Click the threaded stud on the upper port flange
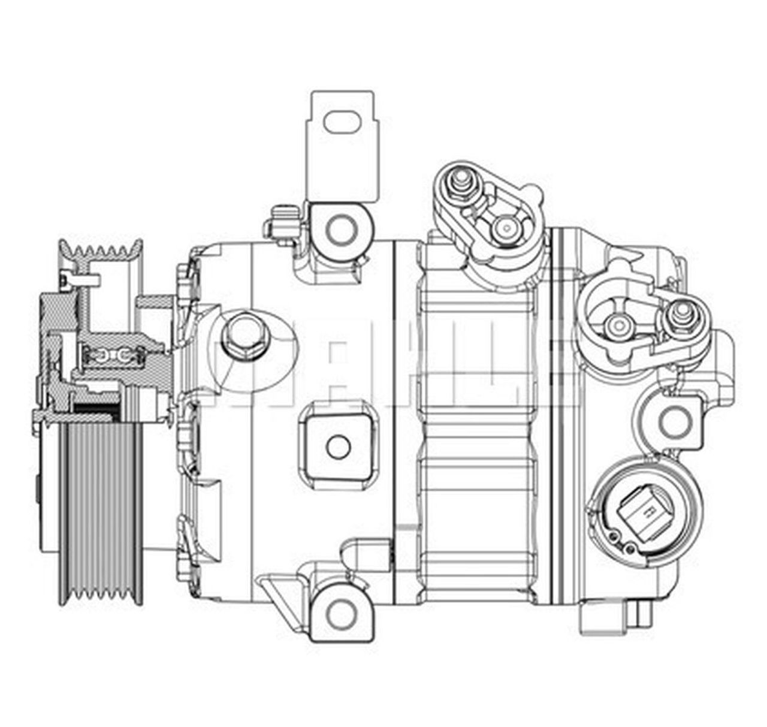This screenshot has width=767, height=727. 462,180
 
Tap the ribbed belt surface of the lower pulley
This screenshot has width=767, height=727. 99,509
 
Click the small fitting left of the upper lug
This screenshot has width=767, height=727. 282,222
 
